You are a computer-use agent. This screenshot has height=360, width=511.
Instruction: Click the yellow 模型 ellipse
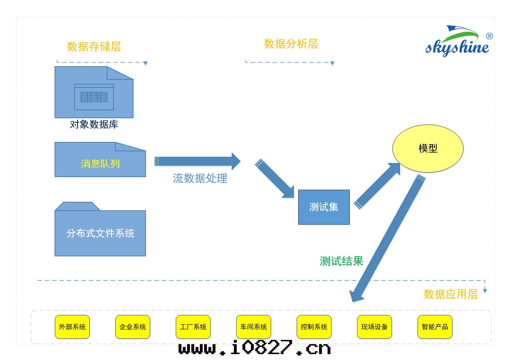pyautogui.click(x=428, y=148)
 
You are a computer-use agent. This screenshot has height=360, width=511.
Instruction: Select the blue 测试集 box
pyautogui.click(x=324, y=207)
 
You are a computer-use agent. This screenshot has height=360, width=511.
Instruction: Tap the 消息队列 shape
pyautogui.click(x=100, y=163)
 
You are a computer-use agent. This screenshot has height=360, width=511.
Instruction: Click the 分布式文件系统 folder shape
pyautogui.click(x=100, y=233)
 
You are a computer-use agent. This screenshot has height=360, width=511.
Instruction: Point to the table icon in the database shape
pyautogui.click(x=94, y=97)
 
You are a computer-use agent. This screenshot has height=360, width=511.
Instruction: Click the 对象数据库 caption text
pyautogui.click(x=94, y=124)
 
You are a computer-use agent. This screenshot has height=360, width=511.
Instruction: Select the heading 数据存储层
pyautogui.click(x=94, y=47)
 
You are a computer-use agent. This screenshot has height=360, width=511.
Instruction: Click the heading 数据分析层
pyautogui.click(x=291, y=44)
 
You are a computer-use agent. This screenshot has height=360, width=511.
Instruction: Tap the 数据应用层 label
pyautogui.click(x=451, y=294)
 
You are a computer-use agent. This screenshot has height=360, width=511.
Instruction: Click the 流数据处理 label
pyautogui.click(x=200, y=178)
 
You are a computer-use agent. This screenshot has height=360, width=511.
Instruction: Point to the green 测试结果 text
pyautogui.click(x=341, y=261)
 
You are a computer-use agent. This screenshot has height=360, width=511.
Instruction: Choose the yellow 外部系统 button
pyautogui.click(x=72, y=327)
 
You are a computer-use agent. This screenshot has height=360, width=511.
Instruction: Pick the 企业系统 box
pyautogui.click(x=133, y=327)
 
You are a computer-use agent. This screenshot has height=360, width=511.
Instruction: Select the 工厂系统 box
pyautogui.click(x=193, y=327)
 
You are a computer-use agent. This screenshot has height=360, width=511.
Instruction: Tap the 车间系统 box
pyautogui.click(x=253, y=327)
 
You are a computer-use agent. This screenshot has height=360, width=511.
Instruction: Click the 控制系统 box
pyautogui.click(x=314, y=327)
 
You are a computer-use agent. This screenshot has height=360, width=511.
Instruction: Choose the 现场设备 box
pyautogui.click(x=374, y=327)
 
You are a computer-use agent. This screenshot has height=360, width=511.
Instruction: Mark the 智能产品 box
pyautogui.click(x=435, y=327)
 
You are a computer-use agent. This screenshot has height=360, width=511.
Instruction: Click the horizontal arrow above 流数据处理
pyautogui.click(x=197, y=161)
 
